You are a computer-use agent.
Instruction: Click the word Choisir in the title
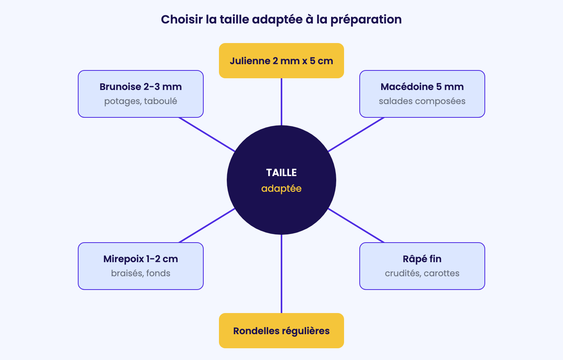coord(182,20)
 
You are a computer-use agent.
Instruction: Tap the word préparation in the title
coord(366,20)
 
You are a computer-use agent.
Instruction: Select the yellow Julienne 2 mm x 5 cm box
coord(281,61)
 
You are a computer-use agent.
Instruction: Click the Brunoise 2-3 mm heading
coord(141,86)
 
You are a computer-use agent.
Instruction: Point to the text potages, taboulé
coord(141,101)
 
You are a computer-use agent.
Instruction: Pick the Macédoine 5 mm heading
coord(422,86)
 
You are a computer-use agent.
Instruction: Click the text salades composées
coord(422,101)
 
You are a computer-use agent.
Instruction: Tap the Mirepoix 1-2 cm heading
coord(141,259)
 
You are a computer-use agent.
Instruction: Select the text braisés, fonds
coord(141,273)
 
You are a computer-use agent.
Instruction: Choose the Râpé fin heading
coord(422,259)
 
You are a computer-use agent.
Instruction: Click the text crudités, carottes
coord(422,273)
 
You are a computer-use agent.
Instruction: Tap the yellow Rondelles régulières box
coord(281,331)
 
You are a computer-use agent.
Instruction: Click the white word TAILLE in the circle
coord(281,173)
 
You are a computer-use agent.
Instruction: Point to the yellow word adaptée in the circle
coord(281,189)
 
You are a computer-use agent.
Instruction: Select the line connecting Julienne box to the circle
coord(281,102)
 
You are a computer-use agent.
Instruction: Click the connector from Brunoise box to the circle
coord(207,135)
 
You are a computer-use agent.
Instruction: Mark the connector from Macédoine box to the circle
coord(356,135)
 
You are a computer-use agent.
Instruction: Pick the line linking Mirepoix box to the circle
coord(207,225)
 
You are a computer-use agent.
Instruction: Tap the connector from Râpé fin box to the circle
coord(356,225)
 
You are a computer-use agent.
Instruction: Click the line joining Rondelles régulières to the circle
coord(281,274)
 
